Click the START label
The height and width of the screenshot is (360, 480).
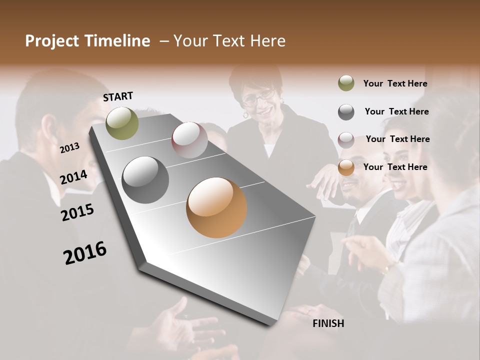(x=118, y=96)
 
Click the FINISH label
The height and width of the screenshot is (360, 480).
(x=328, y=323)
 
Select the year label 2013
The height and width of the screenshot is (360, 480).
(x=69, y=147)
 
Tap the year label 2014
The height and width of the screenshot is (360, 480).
(x=73, y=177)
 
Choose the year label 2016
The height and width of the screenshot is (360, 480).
(x=85, y=253)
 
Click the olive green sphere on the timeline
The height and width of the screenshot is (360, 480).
(x=122, y=123)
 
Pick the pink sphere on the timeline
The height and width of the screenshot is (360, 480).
(x=189, y=140)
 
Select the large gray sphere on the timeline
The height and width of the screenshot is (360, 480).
(x=145, y=180)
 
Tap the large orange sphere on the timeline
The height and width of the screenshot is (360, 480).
(x=216, y=207)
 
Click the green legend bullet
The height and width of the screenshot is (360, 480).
(x=346, y=83)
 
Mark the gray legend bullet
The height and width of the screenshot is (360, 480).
(x=346, y=112)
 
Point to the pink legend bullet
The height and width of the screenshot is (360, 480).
(x=346, y=139)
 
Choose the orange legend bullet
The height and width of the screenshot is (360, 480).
(x=346, y=167)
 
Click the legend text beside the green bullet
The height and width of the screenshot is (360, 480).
(x=395, y=84)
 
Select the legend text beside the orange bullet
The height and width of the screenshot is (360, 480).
(x=395, y=167)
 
